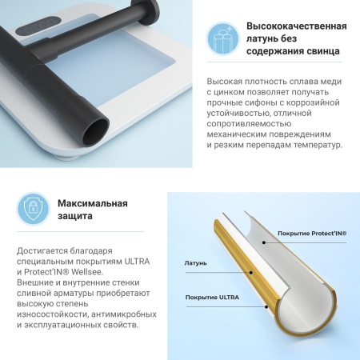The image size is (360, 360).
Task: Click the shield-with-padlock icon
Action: (x=33, y=209)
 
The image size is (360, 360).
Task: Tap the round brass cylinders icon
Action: (x=223, y=38)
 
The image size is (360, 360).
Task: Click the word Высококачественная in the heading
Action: (x=297, y=26)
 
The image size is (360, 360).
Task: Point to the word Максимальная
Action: (x=93, y=203)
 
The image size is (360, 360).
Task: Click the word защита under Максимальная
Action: (x=75, y=216)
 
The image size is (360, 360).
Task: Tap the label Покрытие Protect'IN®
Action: (x=312, y=234)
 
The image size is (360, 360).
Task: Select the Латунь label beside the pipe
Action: (x=195, y=263)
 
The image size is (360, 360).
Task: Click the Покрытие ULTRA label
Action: (x=212, y=298)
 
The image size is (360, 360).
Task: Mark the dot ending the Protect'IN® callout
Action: (x=264, y=242)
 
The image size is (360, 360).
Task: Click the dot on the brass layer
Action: (x=250, y=273)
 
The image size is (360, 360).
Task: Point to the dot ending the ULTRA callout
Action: (x=266, y=306)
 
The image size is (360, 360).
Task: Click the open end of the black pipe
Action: (x=96, y=132)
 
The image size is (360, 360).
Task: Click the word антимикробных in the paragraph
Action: (x=124, y=314)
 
